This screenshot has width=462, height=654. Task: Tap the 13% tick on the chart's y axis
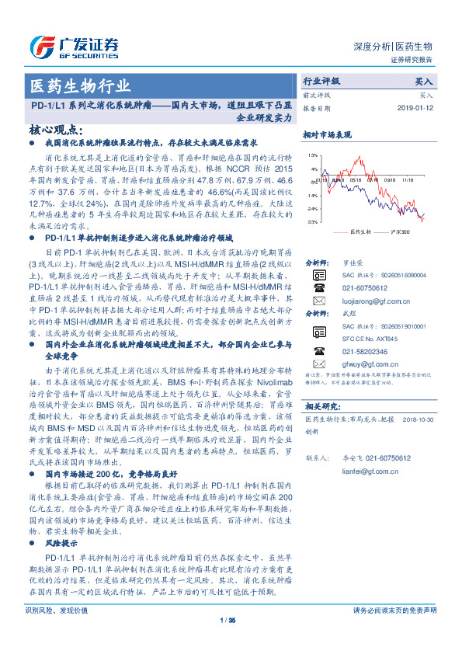click(312, 156)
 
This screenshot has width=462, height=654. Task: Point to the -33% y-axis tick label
click(311, 222)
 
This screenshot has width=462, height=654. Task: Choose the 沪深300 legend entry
click(399, 231)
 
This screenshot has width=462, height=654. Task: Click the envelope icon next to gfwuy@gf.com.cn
click(319, 363)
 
